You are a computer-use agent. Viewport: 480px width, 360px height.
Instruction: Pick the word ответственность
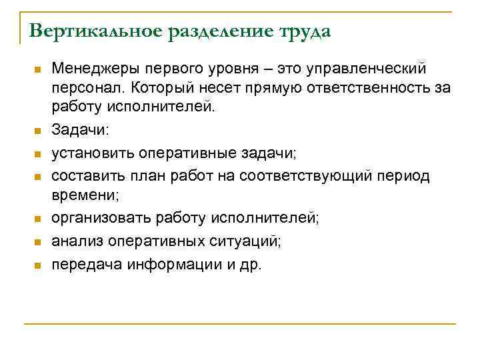(353, 87)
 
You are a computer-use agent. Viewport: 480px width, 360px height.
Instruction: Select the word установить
(93, 153)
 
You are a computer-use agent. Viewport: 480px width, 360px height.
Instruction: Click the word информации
(171, 264)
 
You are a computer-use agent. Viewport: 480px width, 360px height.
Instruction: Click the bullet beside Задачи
(39, 131)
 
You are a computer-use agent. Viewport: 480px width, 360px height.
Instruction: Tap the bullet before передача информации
(39, 265)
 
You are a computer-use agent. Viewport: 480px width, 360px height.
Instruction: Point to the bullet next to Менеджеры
(39, 70)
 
